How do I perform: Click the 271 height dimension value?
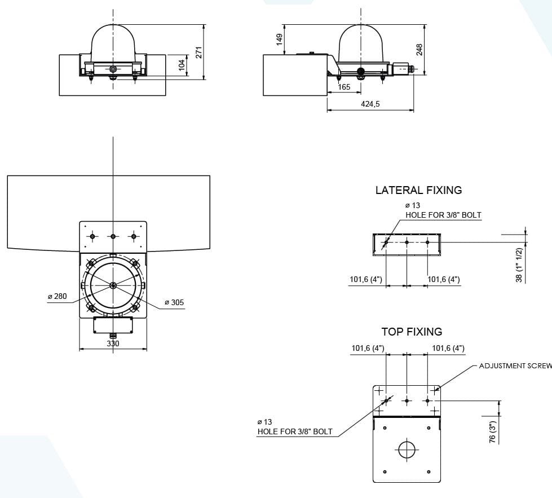tap(198, 52)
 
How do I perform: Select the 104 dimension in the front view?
tap(182, 65)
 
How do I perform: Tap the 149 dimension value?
tap(279, 39)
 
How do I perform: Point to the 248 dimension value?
tap(419, 50)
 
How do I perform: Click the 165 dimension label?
tap(344, 87)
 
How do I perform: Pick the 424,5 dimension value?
tap(370, 104)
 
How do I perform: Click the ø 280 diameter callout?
tap(57, 297)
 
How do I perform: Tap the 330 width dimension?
tap(112, 343)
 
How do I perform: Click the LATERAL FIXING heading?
tap(418, 191)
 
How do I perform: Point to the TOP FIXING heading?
tap(412, 332)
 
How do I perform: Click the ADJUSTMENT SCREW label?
tap(515, 366)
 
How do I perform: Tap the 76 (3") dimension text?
tap(492, 431)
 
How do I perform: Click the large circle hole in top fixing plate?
tap(407, 449)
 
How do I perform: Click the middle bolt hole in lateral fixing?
tap(407, 243)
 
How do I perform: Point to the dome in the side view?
tap(361, 45)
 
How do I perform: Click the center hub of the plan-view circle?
tap(113, 285)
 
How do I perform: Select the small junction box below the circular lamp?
tap(113, 324)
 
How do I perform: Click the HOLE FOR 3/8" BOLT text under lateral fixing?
tap(444, 215)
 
